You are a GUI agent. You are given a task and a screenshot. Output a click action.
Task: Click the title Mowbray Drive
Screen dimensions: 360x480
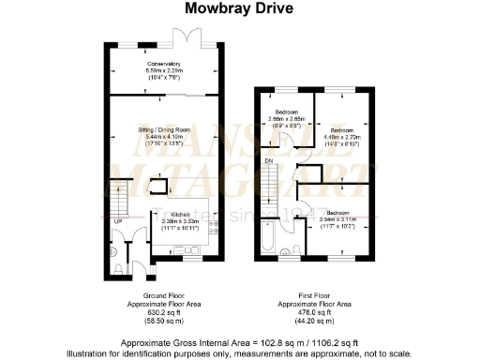(239, 9)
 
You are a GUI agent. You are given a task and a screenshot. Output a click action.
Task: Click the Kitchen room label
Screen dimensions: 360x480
(180, 217)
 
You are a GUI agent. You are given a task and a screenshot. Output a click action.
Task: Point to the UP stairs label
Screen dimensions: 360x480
(115, 222)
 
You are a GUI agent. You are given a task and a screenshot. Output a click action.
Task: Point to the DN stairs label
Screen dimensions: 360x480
(269, 160)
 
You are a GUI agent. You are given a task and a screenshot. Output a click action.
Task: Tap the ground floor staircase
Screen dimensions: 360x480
(118, 198)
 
